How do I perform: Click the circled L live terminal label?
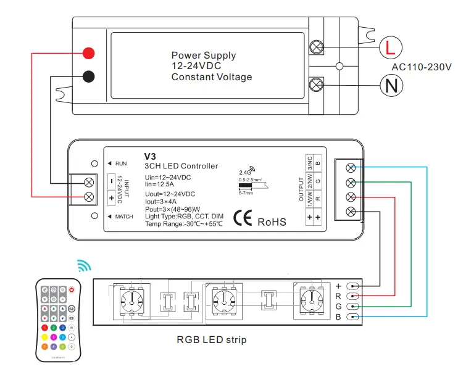click(389, 47)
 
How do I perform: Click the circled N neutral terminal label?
click(390, 85)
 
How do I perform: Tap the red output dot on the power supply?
click(88, 53)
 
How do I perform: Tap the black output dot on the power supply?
click(88, 77)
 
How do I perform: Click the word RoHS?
click(272, 221)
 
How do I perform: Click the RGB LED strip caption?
click(211, 339)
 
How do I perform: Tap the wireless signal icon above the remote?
click(83, 266)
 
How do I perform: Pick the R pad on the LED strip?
click(352, 296)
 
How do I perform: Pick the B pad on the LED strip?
click(352, 316)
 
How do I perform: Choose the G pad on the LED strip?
click(352, 307)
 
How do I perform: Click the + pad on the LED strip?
click(352, 286)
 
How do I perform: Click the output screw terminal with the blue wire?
click(351, 168)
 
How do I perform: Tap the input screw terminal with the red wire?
click(89, 197)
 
